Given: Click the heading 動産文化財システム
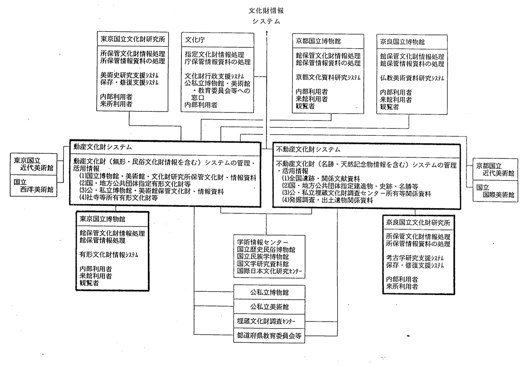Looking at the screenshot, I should pos(102,148).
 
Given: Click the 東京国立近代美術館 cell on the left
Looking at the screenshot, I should pos(34,164).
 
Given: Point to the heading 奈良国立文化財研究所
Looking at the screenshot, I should pos(418,222).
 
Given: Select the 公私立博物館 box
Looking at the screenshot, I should pos(269,291).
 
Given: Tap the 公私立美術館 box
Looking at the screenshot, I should pos(269,306).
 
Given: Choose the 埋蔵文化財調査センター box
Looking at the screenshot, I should pos(269,321).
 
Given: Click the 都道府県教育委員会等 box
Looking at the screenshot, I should pos(269,336).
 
